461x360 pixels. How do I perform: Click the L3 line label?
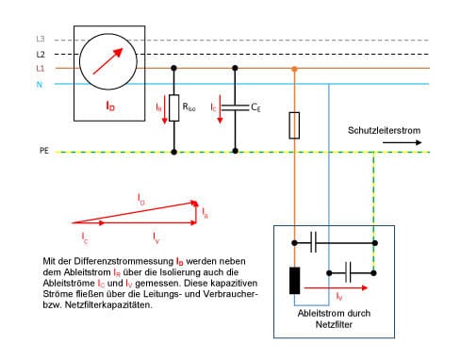click(41, 40)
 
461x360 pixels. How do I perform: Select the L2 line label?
click(41, 55)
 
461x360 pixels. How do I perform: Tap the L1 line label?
click(41, 69)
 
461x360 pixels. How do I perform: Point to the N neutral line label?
click(40, 84)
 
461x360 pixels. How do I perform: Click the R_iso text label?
click(190, 107)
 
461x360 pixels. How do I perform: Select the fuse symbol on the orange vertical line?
click(295, 123)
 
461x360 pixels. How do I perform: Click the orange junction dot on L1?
click(295, 70)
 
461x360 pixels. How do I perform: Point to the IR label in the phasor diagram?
click(205, 215)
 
